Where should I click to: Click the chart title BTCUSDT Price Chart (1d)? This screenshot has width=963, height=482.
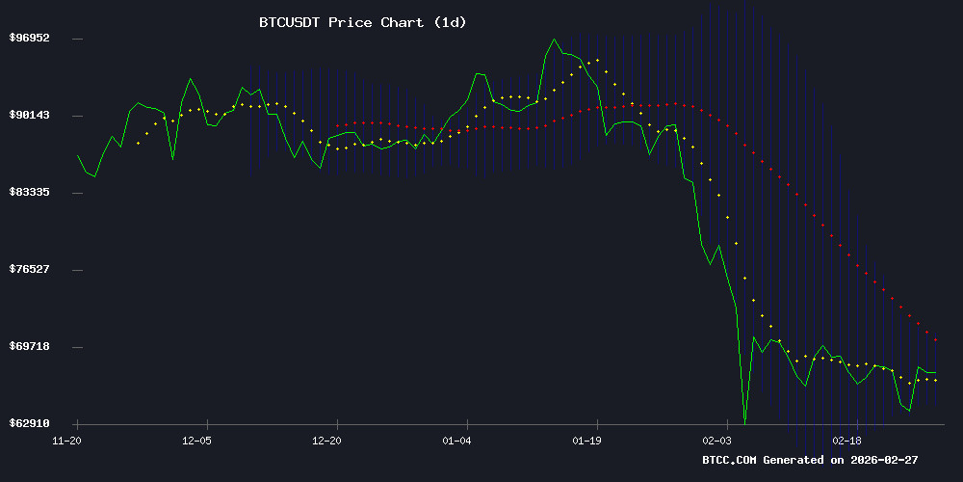(362, 22)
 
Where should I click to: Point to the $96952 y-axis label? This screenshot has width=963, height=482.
(29, 39)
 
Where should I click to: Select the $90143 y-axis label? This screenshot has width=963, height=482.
(29, 116)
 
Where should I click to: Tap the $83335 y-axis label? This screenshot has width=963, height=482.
(29, 193)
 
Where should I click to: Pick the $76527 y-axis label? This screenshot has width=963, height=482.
(29, 269)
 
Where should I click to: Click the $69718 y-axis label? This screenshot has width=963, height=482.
(29, 346)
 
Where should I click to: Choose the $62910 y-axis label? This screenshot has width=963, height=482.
(29, 423)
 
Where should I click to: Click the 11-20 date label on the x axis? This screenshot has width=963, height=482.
(66, 441)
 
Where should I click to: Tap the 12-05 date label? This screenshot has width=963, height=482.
(196, 441)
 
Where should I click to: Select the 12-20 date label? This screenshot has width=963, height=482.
(327, 441)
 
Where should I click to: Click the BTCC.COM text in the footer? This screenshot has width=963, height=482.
(730, 461)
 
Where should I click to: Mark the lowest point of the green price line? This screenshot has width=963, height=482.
(744, 421)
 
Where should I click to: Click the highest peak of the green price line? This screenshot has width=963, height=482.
(554, 40)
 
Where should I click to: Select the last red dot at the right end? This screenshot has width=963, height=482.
(935, 340)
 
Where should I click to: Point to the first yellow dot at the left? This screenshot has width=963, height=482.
(138, 143)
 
